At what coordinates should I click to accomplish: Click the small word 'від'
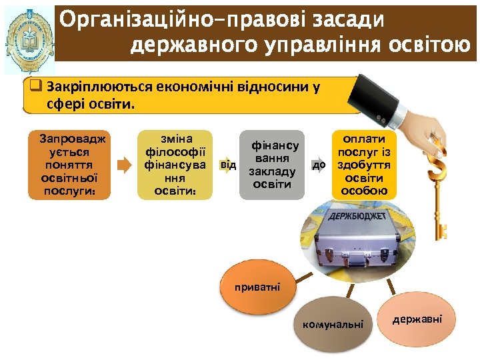click(x=228, y=164)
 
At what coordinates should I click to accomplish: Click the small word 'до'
click(x=319, y=164)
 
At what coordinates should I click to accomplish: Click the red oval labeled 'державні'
click(x=417, y=319)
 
